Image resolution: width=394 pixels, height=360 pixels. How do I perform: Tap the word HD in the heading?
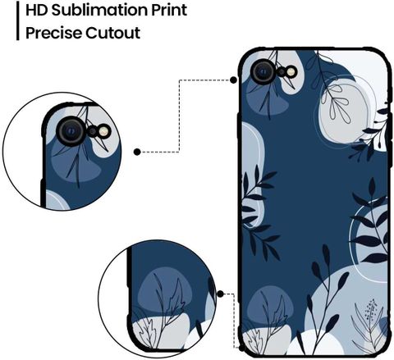[x=37, y=10]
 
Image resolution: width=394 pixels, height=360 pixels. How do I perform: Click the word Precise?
[x=53, y=33]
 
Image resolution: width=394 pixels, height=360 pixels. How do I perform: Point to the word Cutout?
[x=112, y=33]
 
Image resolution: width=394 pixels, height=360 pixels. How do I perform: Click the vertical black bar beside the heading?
[x=18, y=21]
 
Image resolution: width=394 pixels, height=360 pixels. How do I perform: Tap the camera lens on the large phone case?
[x=263, y=71]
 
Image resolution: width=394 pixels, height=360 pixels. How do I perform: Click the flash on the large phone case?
[x=291, y=71]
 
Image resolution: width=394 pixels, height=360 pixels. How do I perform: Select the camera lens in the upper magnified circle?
[x=71, y=131]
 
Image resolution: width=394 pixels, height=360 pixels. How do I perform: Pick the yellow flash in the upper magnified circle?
[x=104, y=131]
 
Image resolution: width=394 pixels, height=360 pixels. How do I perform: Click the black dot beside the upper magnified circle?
[x=137, y=152]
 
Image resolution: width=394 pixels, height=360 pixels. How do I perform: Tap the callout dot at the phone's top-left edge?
[x=233, y=80]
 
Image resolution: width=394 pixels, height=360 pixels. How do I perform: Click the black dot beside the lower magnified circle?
[x=220, y=294]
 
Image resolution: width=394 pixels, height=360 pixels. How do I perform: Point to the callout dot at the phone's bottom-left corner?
[x=241, y=348]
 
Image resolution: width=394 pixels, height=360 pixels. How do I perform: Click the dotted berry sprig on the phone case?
[x=371, y=309]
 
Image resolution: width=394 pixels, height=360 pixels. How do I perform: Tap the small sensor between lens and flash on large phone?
[x=282, y=72]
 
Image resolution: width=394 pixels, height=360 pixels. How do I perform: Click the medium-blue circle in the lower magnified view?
[x=166, y=290]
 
